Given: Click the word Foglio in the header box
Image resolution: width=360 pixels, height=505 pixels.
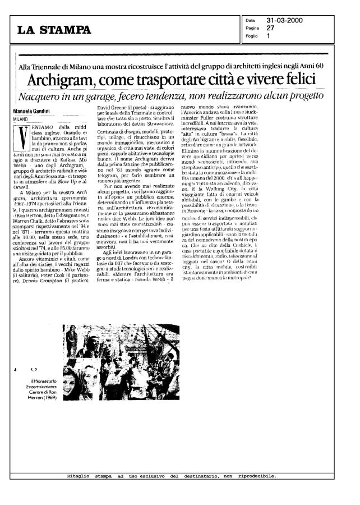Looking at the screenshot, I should tap(251, 36).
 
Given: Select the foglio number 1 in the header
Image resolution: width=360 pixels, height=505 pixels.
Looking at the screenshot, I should tap(269, 36).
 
